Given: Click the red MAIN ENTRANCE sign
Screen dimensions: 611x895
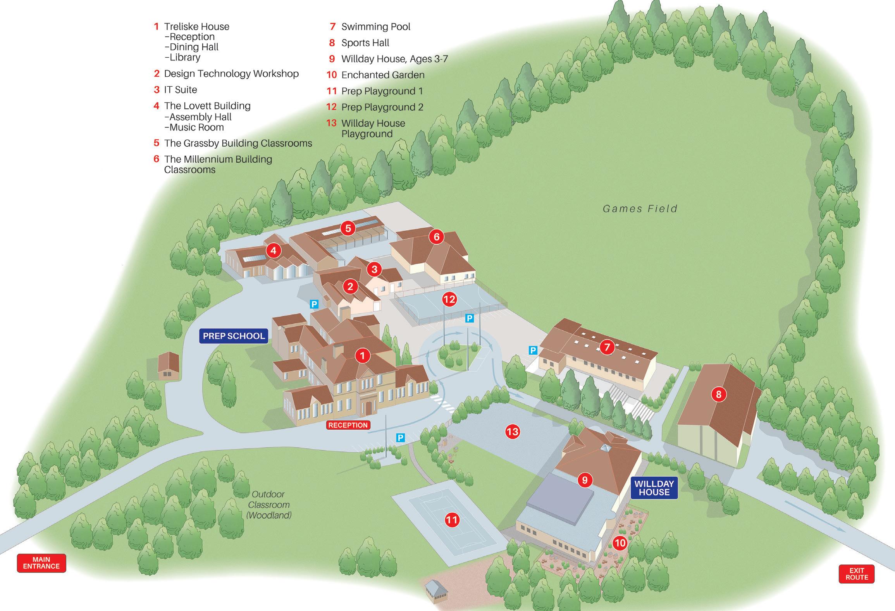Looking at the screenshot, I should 41,563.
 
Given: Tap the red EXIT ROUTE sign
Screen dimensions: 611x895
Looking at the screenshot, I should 857,574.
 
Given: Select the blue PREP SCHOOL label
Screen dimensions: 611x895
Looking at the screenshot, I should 234,336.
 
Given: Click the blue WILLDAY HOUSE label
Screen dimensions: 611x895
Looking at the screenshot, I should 654,488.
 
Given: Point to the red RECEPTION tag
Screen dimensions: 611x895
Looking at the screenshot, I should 348,425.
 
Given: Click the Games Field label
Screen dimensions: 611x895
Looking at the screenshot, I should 640,209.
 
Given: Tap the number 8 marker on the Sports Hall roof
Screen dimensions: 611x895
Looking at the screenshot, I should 719,394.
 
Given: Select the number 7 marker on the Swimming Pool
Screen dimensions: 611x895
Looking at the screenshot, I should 607,347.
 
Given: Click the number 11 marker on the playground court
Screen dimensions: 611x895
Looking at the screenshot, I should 452,520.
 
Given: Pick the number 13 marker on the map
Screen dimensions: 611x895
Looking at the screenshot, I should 512,432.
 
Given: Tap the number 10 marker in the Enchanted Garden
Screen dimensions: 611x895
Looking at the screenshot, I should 620,543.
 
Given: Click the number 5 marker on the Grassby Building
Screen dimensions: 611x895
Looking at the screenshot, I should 348,228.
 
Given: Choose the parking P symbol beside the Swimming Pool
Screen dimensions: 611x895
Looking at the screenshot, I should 533,350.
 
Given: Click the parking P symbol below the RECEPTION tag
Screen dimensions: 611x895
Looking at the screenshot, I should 400,438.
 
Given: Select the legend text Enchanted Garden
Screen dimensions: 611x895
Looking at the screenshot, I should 382,75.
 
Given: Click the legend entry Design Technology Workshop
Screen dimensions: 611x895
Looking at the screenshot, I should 231,74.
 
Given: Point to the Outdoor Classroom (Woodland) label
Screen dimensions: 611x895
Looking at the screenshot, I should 268,505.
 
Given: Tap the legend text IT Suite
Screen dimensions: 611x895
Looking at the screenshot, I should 181,90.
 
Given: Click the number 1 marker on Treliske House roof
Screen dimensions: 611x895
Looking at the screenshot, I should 362,355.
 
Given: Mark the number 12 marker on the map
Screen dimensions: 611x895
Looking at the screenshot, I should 449,299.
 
